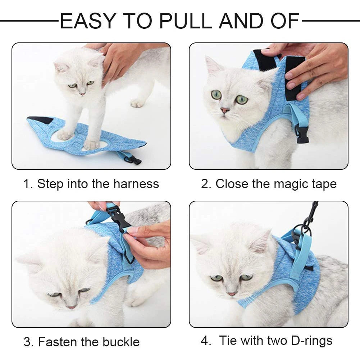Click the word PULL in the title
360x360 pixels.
(186, 21)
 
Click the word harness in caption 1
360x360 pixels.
(136, 184)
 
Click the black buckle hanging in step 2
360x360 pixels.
(302, 134)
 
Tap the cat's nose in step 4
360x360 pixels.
(232, 294)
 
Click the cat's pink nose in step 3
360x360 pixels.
(72, 307)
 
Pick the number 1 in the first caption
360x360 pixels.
(26, 184)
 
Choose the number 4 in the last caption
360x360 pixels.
(205, 340)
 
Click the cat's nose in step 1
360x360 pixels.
(82, 94)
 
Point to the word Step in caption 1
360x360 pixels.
(49, 184)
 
